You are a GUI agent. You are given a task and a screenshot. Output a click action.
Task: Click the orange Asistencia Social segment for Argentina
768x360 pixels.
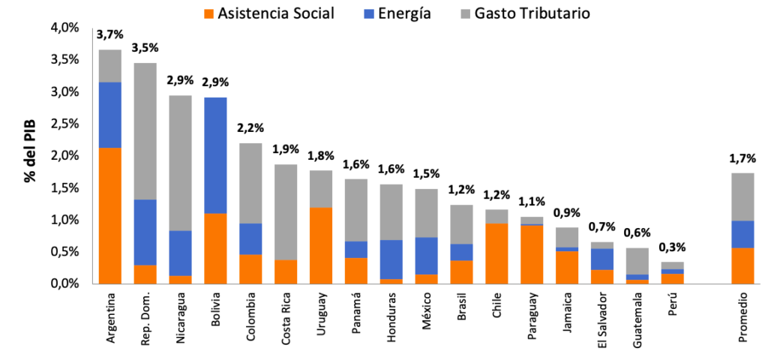click(x=110, y=216)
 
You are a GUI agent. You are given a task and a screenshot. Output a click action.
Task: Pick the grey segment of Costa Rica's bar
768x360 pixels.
click(x=286, y=212)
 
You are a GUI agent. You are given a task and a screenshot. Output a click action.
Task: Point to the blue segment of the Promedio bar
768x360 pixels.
click(x=742, y=234)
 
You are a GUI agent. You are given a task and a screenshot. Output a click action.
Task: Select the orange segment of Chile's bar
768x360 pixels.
click(x=496, y=253)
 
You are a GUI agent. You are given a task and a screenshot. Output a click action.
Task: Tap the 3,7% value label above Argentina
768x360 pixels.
click(x=109, y=34)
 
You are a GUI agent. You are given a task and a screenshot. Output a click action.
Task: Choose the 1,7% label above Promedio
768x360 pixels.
click(x=743, y=158)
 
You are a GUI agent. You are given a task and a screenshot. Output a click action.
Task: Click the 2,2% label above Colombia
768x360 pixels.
click(x=250, y=127)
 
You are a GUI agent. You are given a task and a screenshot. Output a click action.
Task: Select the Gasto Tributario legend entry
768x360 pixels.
click(x=525, y=13)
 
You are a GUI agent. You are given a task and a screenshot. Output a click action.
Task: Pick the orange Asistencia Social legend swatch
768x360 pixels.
click(x=209, y=13)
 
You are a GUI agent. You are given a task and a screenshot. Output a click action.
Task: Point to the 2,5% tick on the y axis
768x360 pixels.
click(x=64, y=124)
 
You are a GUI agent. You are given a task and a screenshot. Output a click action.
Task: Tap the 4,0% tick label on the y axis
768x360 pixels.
click(x=64, y=28)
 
